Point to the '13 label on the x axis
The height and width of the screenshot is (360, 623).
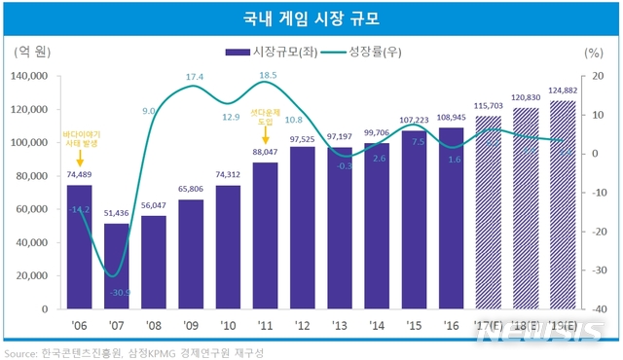click(x=340, y=323)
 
